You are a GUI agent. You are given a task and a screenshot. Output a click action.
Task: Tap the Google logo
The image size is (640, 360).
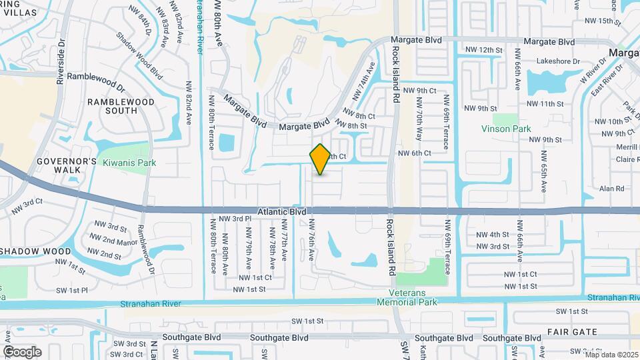click(22, 351)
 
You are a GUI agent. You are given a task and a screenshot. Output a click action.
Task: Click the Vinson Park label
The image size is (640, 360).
click(506, 128)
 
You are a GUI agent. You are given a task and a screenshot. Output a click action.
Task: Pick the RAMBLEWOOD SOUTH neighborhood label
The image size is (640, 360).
click(121, 107)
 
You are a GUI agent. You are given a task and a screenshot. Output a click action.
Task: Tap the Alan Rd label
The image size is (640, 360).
click(611, 189)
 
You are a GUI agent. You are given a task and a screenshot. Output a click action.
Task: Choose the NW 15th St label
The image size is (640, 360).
click(614, 21)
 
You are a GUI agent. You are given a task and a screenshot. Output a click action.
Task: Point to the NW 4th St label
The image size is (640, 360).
click(493, 235)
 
